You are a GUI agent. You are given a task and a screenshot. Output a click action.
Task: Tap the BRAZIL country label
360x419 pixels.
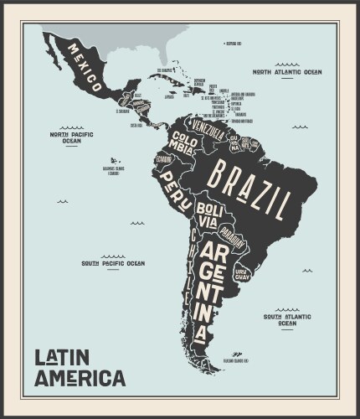(x=249, y=187)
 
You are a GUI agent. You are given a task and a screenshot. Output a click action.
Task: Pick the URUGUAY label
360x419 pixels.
(x=242, y=274)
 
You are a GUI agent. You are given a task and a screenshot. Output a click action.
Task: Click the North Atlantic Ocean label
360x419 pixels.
(x=287, y=72)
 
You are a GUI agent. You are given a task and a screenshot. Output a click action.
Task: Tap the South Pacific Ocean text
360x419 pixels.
(x=112, y=263)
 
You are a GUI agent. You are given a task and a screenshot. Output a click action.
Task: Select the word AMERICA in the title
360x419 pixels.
(x=80, y=378)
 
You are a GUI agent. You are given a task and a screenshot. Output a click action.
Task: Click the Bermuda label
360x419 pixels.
(x=234, y=43)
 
